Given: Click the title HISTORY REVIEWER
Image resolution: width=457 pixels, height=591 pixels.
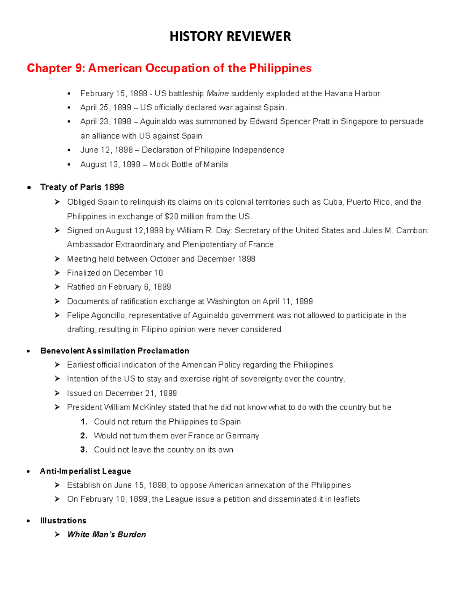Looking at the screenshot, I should coord(230,37).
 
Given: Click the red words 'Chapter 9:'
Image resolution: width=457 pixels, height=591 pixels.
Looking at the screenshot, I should coord(56,68).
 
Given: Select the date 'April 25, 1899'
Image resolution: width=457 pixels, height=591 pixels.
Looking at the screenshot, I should coord(106,108).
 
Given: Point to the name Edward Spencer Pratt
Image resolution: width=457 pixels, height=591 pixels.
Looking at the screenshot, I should coord(289,122).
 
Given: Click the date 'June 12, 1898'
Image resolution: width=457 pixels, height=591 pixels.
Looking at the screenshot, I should coord(106,150).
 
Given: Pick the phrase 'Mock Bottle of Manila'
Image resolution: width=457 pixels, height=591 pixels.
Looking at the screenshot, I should coord(189,164).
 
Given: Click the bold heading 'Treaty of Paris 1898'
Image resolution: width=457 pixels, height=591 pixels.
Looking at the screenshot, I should coord(82,187).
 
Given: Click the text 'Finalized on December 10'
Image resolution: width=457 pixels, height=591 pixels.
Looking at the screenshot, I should coord(115,273).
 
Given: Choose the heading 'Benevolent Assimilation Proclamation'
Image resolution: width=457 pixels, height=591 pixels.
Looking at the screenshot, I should coord(115,351).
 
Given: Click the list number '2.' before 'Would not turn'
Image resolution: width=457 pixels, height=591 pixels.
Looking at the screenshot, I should coord(84,436).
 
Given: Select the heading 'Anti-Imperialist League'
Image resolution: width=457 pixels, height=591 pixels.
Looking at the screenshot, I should coord(85,471).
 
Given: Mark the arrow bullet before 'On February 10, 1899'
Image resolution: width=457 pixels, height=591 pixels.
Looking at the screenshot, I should coord(57,499).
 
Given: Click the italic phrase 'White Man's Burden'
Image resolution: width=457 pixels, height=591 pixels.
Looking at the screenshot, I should coord(106,535).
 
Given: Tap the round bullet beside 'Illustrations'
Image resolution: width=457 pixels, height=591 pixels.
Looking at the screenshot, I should coord(29,521).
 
